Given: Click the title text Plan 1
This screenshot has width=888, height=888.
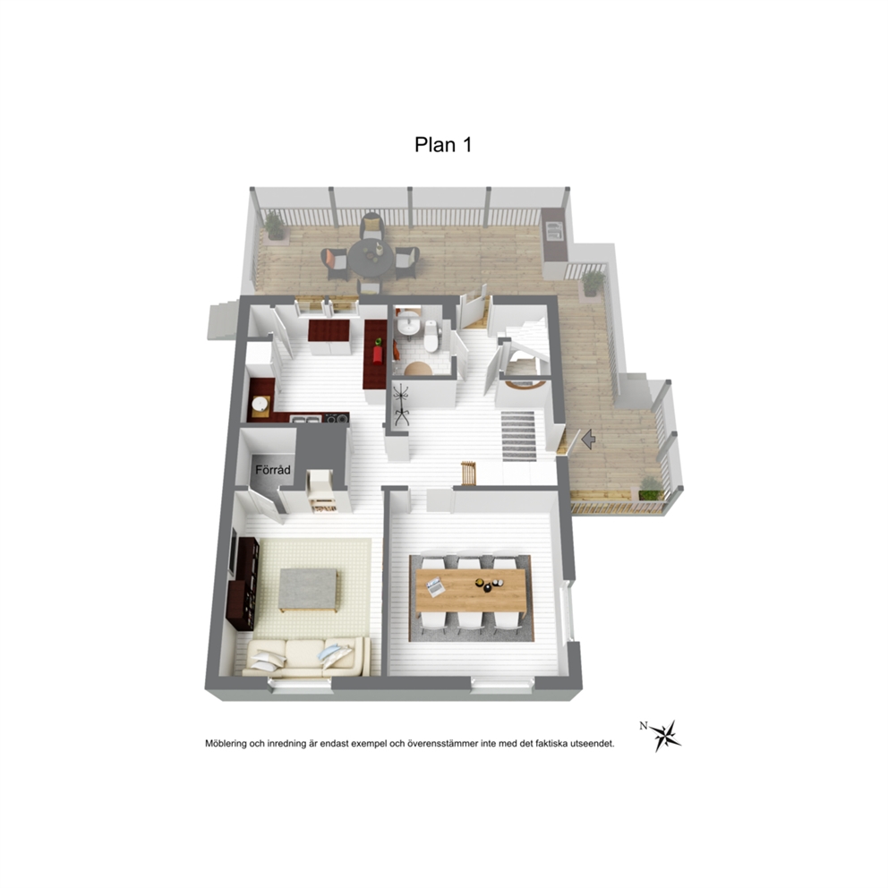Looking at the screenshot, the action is coord(443,145).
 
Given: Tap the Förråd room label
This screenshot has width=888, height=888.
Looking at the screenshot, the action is coord(273,469).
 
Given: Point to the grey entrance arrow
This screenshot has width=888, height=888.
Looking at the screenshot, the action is coord(588,439).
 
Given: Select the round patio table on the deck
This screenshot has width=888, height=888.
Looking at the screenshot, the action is coord(371,258).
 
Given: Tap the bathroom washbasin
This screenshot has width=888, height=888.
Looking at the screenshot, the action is coord(408,325).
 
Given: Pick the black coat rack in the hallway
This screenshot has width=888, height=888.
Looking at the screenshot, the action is coord(402,405).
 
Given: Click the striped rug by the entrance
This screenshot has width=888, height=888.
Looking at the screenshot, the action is coord(518,436).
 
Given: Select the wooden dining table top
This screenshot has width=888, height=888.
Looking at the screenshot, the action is coord(471,590).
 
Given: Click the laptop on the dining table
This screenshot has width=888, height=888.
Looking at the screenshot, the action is coord(434,586).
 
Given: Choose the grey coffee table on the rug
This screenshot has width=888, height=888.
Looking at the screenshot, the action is coord(308,590).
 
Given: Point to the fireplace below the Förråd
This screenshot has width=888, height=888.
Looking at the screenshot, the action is coord(321,491).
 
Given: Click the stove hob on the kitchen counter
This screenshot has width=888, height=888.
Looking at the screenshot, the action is coord(336,419).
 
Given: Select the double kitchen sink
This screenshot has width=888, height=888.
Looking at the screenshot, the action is coord(306,419).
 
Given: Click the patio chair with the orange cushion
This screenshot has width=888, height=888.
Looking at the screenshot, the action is coord(334,264).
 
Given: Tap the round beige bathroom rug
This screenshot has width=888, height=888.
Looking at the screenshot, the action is coord(418,369).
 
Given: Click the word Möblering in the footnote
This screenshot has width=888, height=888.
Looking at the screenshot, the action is coord(226,744).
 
